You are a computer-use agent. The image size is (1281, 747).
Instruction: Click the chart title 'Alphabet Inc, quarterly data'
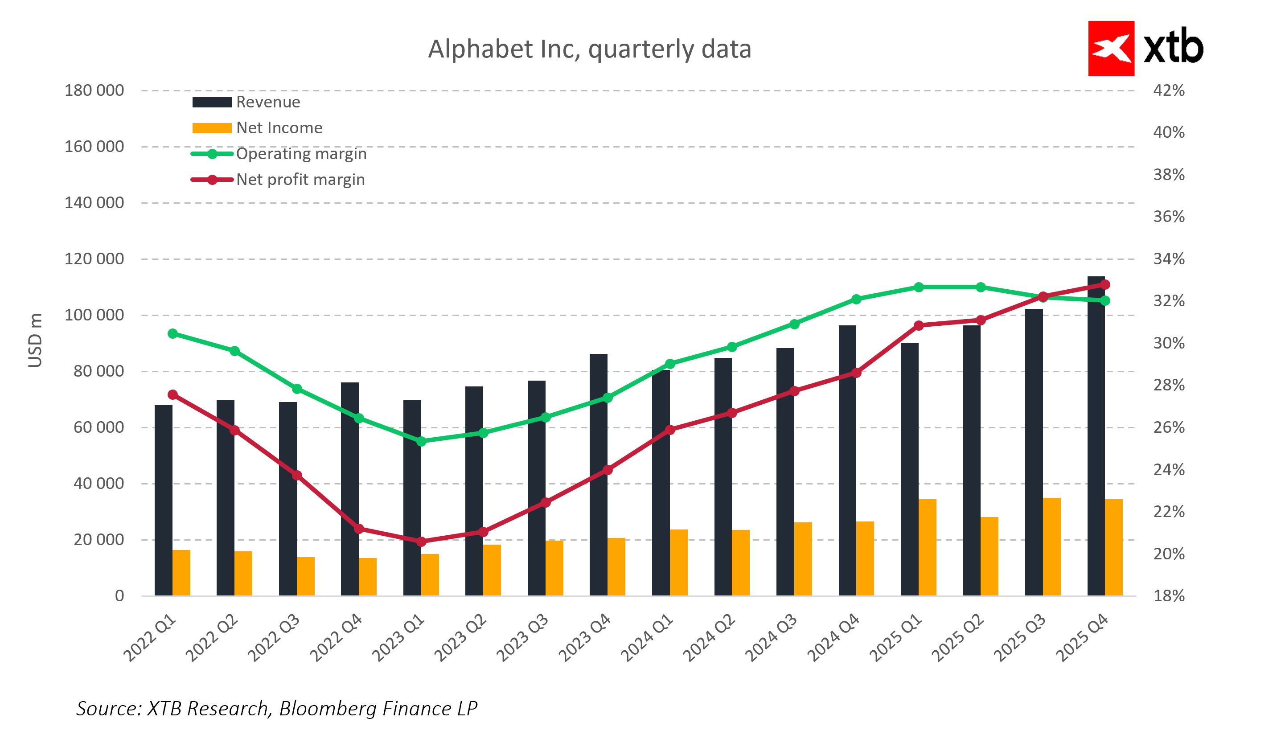click(589, 49)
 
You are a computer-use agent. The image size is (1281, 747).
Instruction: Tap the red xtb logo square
click(1111, 48)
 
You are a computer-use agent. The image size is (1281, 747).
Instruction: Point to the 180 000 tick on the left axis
click(94, 90)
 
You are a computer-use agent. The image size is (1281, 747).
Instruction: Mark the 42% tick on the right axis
click(1169, 90)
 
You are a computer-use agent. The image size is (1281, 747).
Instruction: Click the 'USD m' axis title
click(35, 341)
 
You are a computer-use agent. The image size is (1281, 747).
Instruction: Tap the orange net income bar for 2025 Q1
click(927, 547)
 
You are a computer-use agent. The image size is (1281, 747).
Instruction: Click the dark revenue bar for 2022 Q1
click(163, 501)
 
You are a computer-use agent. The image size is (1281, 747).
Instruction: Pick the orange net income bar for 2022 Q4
click(368, 577)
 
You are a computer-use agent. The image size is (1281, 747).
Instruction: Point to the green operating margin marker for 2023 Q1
click(421, 442)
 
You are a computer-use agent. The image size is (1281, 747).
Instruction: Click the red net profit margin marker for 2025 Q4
click(1104, 284)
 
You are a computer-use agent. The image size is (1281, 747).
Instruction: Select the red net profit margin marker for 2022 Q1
click(173, 395)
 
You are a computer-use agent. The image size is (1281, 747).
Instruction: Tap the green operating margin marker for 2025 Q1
click(919, 287)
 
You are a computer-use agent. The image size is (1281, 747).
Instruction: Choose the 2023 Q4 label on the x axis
click(585, 638)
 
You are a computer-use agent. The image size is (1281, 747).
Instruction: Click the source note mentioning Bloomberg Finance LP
click(277, 708)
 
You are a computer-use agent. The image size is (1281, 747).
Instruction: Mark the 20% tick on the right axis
click(1169, 554)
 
